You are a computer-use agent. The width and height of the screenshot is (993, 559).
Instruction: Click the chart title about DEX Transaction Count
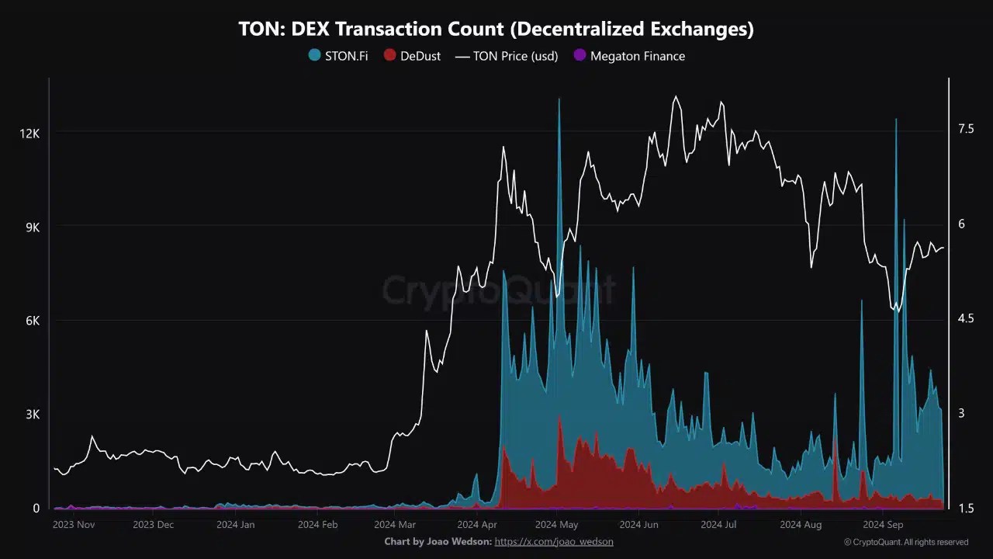point(496,30)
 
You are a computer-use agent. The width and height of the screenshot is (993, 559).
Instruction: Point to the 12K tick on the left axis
point(29,134)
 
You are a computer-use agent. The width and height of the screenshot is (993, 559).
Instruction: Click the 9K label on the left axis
point(32,227)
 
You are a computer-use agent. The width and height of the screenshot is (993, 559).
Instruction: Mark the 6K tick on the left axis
point(32,321)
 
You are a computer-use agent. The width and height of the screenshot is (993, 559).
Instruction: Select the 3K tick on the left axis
point(32,415)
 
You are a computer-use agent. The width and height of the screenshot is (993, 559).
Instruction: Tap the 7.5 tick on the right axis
point(965,129)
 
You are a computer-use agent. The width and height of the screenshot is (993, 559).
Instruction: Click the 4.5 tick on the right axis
point(965,318)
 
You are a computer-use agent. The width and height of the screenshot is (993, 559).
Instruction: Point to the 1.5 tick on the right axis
point(965,509)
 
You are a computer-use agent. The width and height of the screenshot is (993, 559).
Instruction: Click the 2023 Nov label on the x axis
point(74,525)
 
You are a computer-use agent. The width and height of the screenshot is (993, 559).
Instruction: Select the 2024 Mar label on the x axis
point(395,525)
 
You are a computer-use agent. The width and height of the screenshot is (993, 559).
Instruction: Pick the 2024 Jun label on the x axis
point(639,525)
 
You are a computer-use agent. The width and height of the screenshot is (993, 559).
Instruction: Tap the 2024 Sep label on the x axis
point(884,525)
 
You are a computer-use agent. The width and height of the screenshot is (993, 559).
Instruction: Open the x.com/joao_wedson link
point(553,542)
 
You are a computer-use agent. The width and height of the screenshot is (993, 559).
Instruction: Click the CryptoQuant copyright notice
point(905,542)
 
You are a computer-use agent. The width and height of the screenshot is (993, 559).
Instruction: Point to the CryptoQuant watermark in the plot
point(496,290)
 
